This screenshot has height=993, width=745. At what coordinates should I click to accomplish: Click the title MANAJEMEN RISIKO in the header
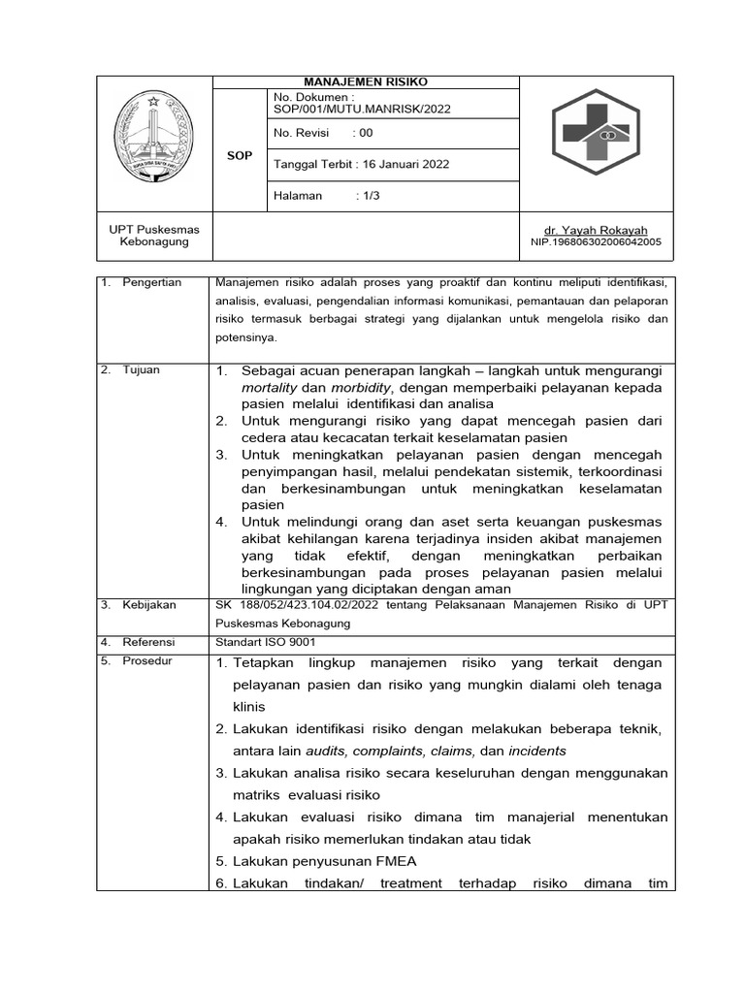coord(366,82)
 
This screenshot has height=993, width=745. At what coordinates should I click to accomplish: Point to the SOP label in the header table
coord(239,155)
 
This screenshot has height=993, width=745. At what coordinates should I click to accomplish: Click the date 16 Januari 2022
coord(405,164)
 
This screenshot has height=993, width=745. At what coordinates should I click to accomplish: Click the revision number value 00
coord(366,134)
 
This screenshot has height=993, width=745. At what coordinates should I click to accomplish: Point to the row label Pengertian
coord(151,282)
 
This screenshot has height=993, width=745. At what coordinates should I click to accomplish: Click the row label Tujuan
coord(141,370)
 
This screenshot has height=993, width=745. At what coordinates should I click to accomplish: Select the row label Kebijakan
coord(148,604)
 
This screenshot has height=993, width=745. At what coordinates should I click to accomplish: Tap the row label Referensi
coord(148,642)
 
